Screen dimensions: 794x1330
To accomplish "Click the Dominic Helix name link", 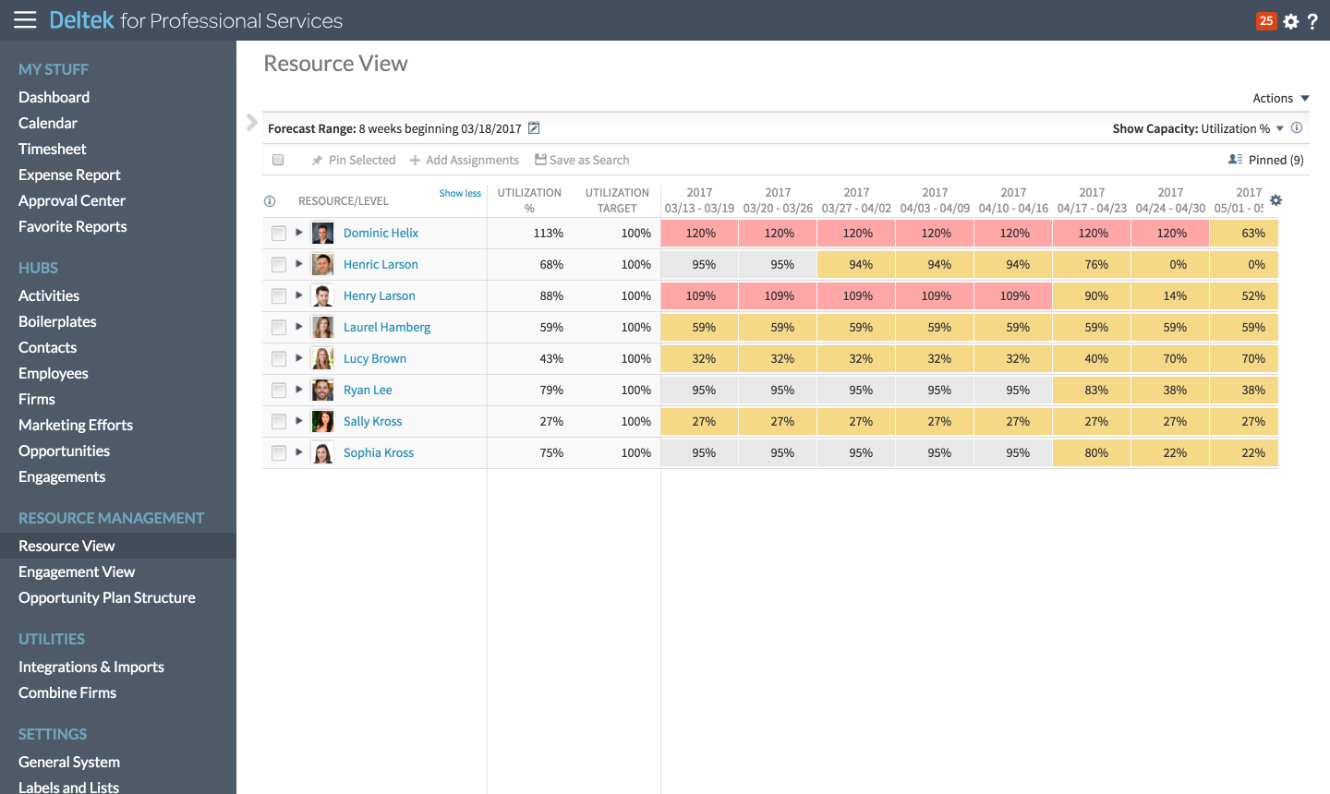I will [x=381, y=234].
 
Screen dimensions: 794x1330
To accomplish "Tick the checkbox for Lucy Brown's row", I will [x=279, y=359].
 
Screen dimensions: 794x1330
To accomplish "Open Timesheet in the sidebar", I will [x=52, y=149].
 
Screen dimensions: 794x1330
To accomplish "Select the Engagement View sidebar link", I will [x=77, y=572].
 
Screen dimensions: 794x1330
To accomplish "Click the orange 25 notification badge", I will [x=1265, y=20].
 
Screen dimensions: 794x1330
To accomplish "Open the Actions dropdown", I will [x=1280, y=99].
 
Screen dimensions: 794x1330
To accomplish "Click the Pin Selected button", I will [x=354, y=161].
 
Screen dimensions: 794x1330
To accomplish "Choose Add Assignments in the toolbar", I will [x=465, y=161].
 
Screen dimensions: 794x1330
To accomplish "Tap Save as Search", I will [x=582, y=161].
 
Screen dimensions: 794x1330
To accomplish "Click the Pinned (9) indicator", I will [x=1266, y=161].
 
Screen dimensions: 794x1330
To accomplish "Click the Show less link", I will [x=460, y=194].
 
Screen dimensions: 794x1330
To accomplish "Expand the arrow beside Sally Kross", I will [x=299, y=421].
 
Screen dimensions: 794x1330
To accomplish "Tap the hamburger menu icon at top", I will [x=25, y=20].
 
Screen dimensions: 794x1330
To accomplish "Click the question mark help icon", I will [x=1312, y=21].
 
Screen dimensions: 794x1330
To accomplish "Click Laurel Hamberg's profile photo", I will [x=322, y=328].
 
